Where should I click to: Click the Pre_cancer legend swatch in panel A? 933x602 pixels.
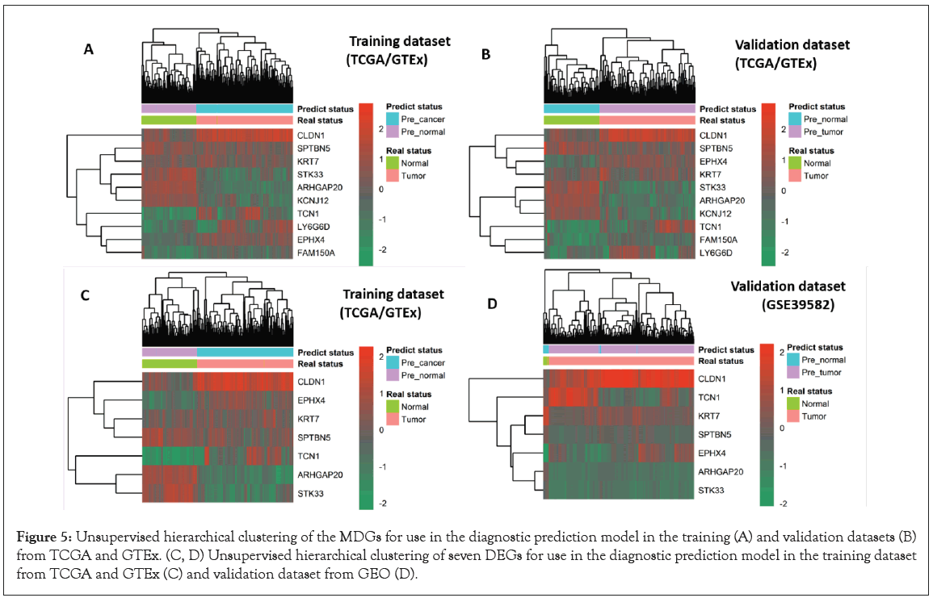coord(393,119)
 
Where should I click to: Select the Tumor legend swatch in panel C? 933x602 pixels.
coord(393,420)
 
